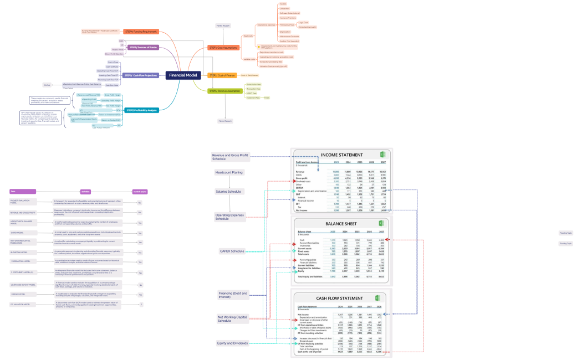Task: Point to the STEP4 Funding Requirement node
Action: pos(141,32)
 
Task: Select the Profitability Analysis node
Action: pos(142,110)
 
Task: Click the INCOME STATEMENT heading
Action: pos(343,155)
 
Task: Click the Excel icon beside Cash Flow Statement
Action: pos(377,298)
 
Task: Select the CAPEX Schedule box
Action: pos(232,251)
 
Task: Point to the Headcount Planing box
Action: pos(229,172)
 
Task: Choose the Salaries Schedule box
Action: pos(228,191)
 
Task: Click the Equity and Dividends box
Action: pos(233,343)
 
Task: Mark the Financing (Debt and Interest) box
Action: pos(233,295)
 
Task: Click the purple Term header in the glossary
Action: pos(23,191)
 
